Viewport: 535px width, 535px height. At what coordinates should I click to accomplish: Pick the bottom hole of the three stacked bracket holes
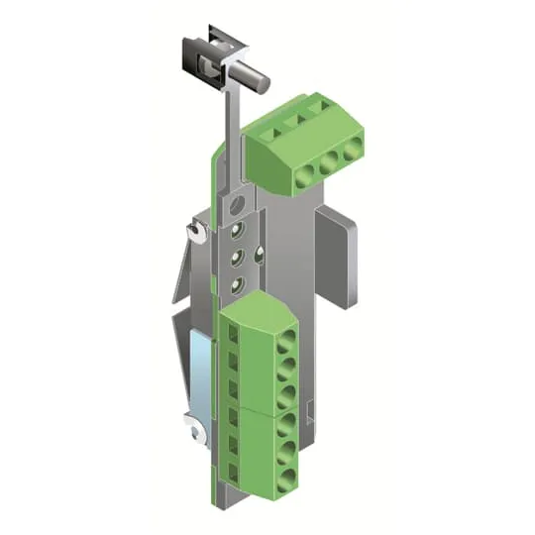coord(236,284)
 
